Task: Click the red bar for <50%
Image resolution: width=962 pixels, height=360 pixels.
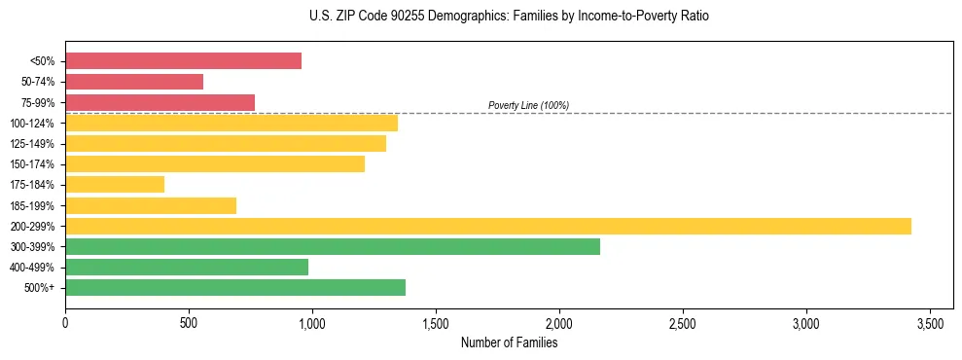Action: [183, 61]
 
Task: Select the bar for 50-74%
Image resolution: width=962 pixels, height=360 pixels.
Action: [134, 82]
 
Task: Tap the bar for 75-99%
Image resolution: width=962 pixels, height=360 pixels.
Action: [160, 102]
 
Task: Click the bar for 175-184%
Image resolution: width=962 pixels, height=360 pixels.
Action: [115, 184]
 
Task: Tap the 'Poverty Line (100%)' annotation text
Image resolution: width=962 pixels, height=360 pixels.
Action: [528, 105]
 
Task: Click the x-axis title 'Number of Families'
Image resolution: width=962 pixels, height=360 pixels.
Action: [509, 342]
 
